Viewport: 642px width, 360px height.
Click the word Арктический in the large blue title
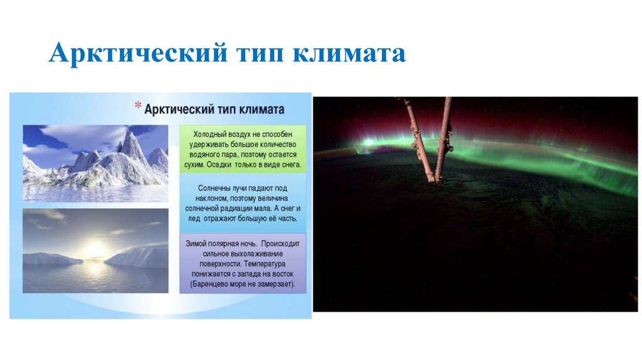pos(138,53)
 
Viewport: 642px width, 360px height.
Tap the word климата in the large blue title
pos(349,53)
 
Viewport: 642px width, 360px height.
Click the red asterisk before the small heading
pos(138,105)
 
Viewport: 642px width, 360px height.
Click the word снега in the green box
pos(291,165)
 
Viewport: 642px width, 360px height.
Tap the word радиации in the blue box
pos(233,208)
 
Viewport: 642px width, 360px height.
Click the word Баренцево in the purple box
pos(212,284)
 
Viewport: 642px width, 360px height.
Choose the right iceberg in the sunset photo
pos(137,257)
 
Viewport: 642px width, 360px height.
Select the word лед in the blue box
pos(194,219)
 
